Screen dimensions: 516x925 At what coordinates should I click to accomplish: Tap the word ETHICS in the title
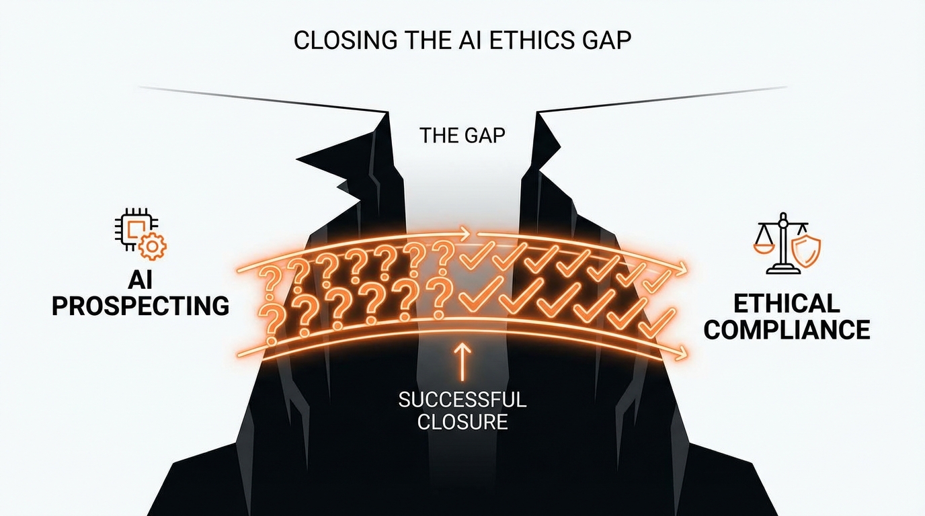click(x=524, y=40)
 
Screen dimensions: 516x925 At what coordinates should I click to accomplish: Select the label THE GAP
click(x=462, y=136)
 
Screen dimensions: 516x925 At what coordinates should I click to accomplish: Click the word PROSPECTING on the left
click(x=140, y=306)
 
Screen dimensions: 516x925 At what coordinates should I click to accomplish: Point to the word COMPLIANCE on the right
click(x=787, y=330)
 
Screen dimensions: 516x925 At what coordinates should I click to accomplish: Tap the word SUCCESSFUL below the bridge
click(x=462, y=400)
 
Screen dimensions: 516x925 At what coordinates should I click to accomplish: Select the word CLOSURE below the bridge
click(x=462, y=423)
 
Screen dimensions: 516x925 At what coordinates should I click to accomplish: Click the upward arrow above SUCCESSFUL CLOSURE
click(x=462, y=359)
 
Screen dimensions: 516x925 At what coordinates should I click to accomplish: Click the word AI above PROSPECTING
click(x=140, y=281)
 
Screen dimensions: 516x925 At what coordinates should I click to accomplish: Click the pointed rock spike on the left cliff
click(x=316, y=160)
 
